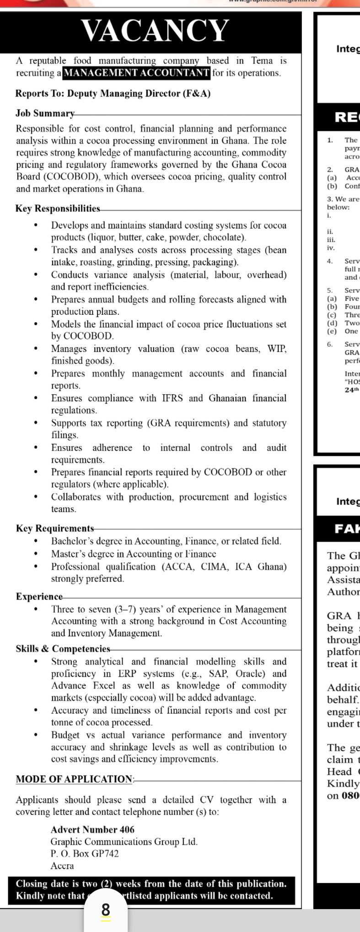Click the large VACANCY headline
point(155,31)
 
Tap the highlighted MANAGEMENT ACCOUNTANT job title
point(136,73)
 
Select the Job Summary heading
point(45,113)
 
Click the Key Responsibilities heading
point(58,209)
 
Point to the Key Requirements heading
point(55,528)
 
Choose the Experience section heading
point(39,597)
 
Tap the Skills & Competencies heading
point(63,649)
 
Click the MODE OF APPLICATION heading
point(74,779)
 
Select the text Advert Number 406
point(93,830)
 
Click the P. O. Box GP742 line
point(85,853)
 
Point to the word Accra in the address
point(62,866)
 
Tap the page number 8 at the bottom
point(106,910)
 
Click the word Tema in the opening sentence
point(262,61)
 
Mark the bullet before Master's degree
point(36,554)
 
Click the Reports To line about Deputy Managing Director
point(113,94)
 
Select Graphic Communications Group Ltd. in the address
point(124,841)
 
